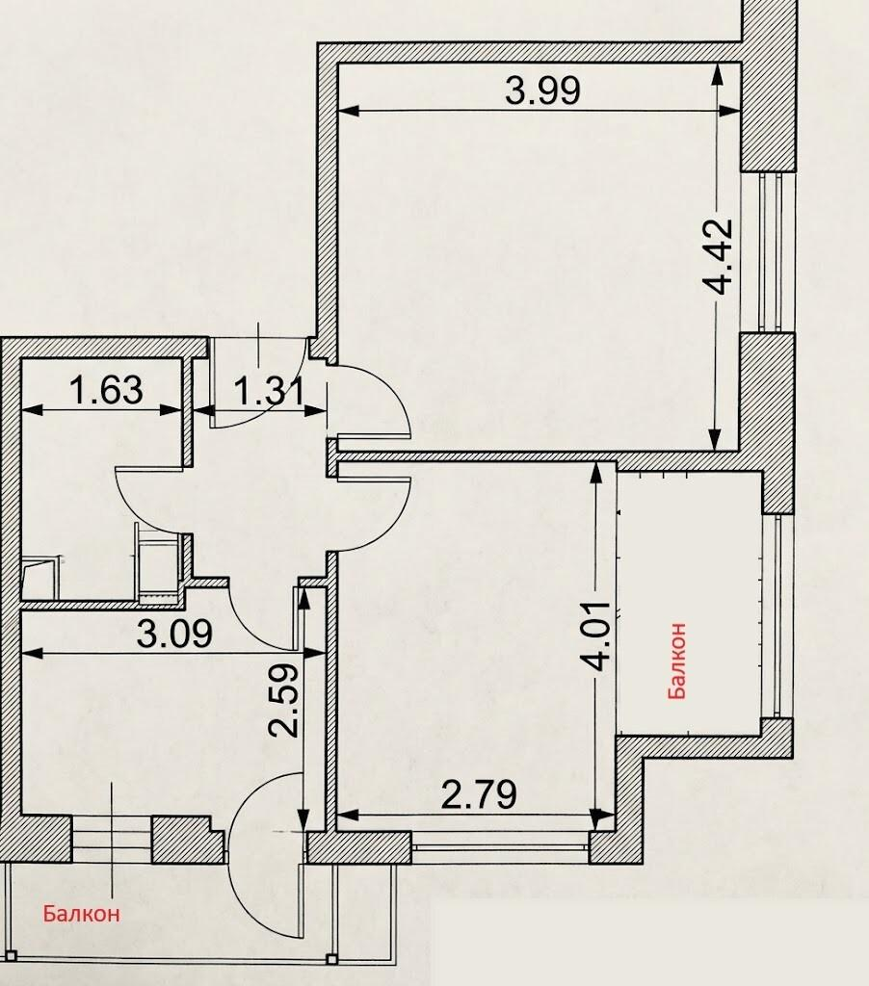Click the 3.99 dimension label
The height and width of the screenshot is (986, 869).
pos(542,91)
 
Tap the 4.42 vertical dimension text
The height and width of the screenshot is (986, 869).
pos(718,256)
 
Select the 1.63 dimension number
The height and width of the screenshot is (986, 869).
pos(106,390)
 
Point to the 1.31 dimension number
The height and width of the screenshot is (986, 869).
pos(270,391)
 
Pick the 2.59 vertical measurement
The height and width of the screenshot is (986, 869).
pos(283,701)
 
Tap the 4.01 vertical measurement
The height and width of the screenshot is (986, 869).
pos(595,636)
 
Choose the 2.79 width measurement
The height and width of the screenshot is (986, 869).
pos(479,794)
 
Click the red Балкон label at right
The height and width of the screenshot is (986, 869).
pos(677,661)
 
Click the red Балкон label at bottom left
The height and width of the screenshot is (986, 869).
pos(81,913)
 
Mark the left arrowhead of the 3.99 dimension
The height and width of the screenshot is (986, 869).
pos(349,111)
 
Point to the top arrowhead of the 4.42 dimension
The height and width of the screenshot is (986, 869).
pos(716,73)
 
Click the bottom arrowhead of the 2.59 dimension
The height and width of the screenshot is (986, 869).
pos(303,820)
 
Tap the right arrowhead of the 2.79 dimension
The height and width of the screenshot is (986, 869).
pos(604,816)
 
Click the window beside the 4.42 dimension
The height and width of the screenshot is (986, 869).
pos(770,252)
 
